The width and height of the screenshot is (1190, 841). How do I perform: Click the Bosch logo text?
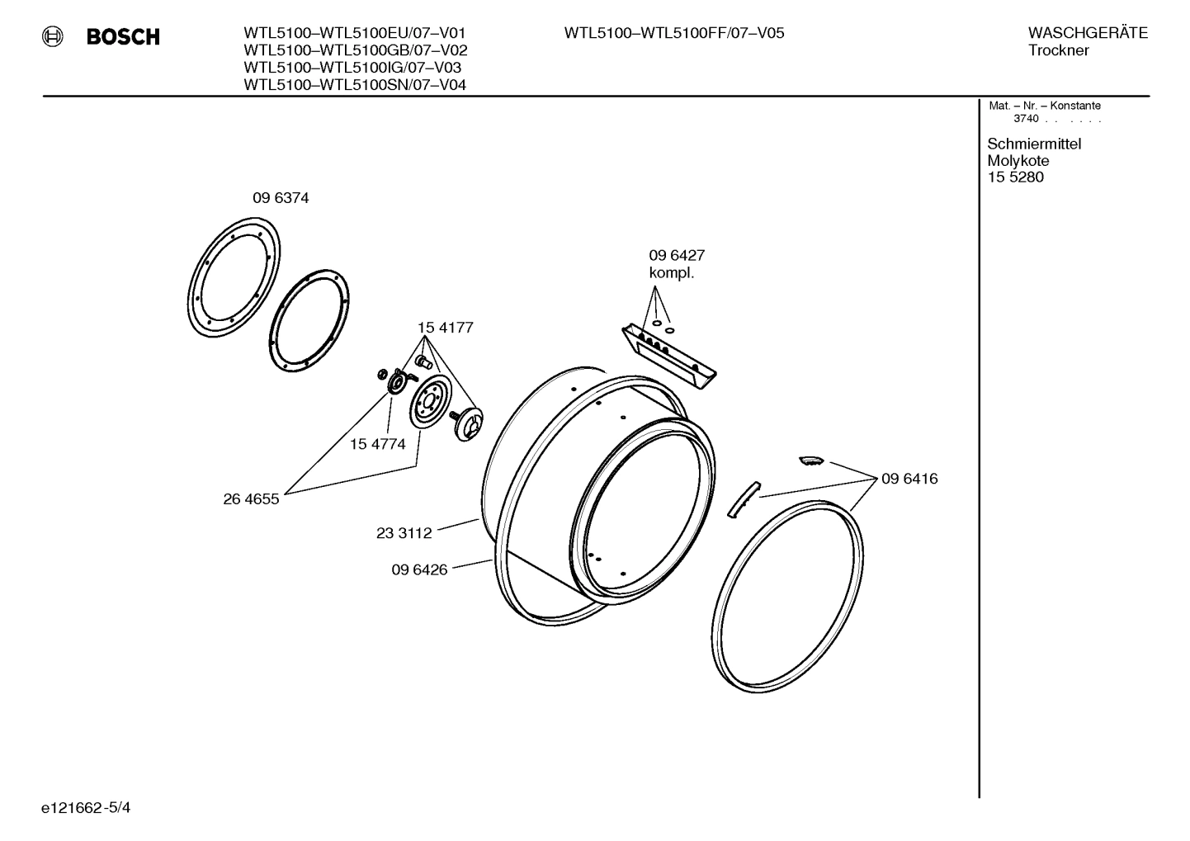point(123,37)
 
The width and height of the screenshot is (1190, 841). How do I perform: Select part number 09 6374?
point(281,198)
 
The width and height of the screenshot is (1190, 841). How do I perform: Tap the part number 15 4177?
point(445,328)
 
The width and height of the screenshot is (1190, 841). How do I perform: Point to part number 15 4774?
point(377,444)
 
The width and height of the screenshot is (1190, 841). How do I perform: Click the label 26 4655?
point(251,499)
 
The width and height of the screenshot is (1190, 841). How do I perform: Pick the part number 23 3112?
point(404,533)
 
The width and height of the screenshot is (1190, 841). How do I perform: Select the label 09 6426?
point(419,569)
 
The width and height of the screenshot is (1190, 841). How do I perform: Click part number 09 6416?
point(909,479)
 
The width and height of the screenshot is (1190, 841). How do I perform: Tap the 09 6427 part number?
point(676,256)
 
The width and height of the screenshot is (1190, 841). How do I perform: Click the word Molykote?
point(1018,161)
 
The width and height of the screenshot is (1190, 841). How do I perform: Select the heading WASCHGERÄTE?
point(1087,33)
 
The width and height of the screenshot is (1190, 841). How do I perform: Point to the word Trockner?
point(1058,50)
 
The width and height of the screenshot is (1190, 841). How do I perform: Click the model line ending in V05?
point(673,33)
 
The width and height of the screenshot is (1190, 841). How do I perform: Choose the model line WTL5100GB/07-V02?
point(356,50)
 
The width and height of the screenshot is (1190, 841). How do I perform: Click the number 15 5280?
point(1015,177)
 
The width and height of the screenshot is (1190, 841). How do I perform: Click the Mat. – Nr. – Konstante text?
point(1044,106)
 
